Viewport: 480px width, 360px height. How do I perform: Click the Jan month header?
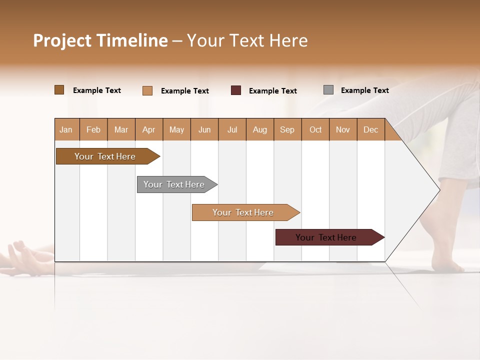pyautogui.click(x=66, y=129)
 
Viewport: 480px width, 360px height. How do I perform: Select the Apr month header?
pyautogui.click(x=149, y=129)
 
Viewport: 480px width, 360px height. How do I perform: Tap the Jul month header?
pyautogui.click(x=232, y=129)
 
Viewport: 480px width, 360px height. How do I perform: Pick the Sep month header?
pyautogui.click(x=287, y=129)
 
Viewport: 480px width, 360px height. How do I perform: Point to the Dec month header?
pyautogui.click(x=370, y=129)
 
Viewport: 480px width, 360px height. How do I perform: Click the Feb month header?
pyautogui.click(x=93, y=129)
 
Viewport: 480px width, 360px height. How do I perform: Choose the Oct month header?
pyautogui.click(x=315, y=129)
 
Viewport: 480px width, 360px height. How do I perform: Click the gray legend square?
pyautogui.click(x=328, y=90)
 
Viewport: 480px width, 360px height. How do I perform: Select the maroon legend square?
pyautogui.click(x=236, y=90)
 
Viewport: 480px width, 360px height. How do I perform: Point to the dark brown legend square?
pyautogui.click(x=59, y=90)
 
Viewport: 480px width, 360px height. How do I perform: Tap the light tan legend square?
pyautogui.click(x=147, y=90)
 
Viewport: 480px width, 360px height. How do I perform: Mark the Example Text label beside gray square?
pyautogui.click(x=364, y=90)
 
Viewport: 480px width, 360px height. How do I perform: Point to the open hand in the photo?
pyautogui.click(x=22, y=257)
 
